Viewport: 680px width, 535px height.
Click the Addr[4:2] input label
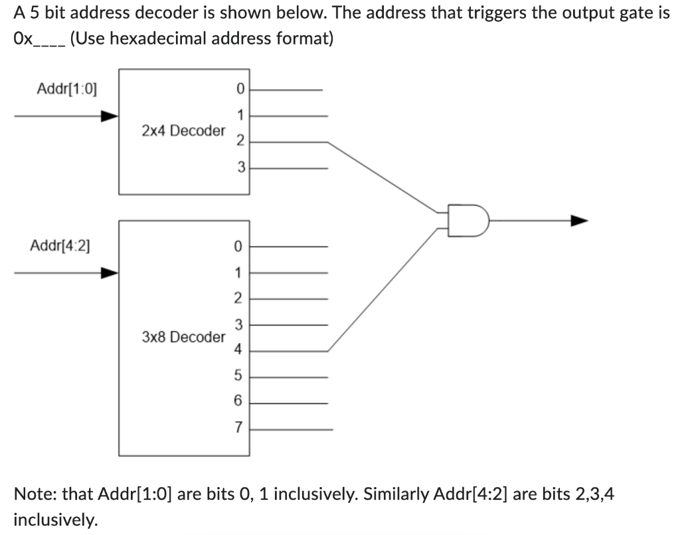click(x=61, y=245)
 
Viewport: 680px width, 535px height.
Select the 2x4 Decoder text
click(x=183, y=130)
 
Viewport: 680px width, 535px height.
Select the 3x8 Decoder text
click(x=183, y=337)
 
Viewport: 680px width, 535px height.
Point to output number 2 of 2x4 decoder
click(x=240, y=141)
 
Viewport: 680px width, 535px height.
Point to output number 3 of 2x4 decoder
click(x=241, y=167)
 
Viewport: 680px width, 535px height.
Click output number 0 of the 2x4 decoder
click(x=240, y=88)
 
